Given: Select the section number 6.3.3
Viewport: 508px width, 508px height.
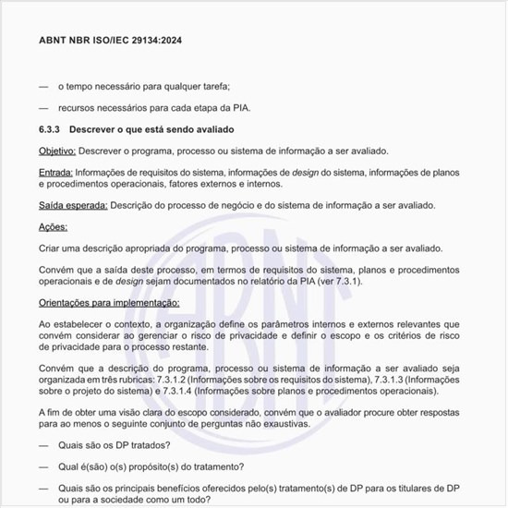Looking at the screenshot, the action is [52, 128].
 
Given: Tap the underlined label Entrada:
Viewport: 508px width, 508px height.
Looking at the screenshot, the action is [55, 172].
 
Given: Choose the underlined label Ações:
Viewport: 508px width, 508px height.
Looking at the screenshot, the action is [53, 226].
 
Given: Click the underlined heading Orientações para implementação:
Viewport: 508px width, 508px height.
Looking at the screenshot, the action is [109, 302].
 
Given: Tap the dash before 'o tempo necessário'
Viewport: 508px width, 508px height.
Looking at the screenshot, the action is [43, 85].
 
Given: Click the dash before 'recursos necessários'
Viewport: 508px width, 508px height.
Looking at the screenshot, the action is [43, 107].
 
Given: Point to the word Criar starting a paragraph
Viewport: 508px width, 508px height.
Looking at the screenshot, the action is [51, 248].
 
